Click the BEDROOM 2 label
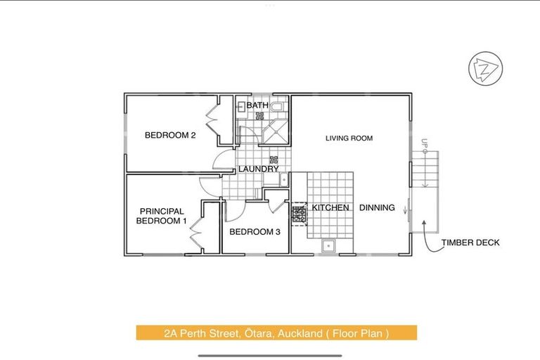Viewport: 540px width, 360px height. tap(169, 136)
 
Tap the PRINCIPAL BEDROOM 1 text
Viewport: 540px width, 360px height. tap(162, 216)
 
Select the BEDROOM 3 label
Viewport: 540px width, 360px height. tap(255, 232)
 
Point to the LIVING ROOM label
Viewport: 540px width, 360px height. tap(349, 139)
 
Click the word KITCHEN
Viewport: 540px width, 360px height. tap(330, 208)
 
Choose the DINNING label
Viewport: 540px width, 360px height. tap(377, 208)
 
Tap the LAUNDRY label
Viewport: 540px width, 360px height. tap(259, 169)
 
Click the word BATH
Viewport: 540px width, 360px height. tap(257, 105)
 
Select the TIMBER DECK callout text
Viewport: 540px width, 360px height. tap(470, 243)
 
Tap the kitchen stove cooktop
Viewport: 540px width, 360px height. tap(299, 213)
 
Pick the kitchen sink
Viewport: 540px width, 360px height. tap(328, 246)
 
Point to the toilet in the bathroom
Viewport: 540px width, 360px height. tap(276, 107)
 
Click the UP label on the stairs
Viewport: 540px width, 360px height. tap(424, 145)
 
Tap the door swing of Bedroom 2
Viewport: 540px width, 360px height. tap(223, 160)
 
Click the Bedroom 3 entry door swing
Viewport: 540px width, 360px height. tap(237, 207)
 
